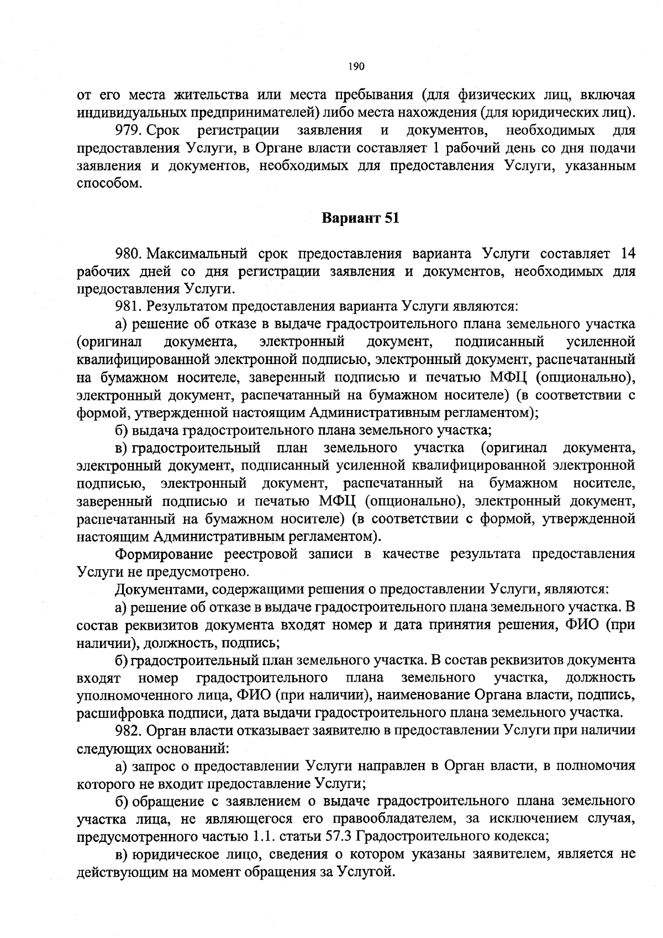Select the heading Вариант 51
(x=360, y=218)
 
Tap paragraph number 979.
(x=128, y=130)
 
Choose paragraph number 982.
(x=128, y=730)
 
